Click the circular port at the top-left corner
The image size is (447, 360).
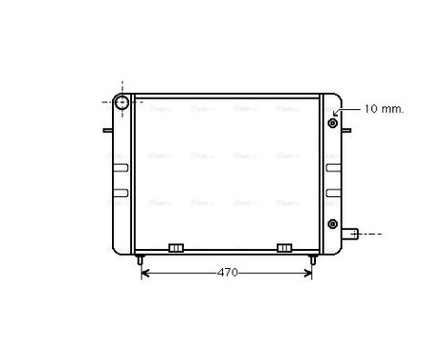point(122,101)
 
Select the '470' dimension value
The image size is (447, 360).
point(227,273)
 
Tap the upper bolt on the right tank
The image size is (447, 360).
point(333,123)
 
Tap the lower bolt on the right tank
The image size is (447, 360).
point(333,223)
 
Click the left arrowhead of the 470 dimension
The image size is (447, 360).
point(145,273)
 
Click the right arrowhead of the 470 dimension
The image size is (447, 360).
point(308,273)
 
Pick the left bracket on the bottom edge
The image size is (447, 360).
point(175,248)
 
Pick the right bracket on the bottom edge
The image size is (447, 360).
point(284,248)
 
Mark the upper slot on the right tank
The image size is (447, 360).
point(334,168)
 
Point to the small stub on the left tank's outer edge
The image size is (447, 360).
point(109,131)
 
